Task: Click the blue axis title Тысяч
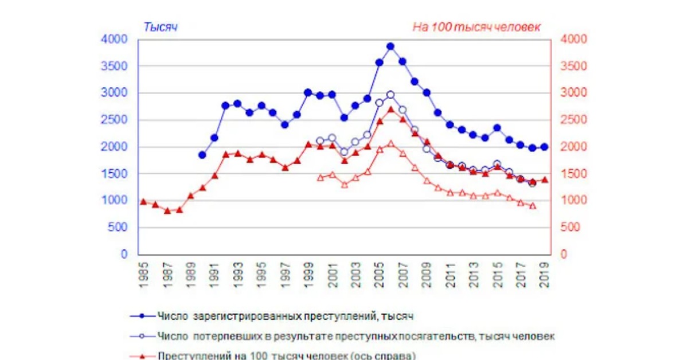pyautogui.click(x=160, y=27)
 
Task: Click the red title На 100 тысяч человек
pyautogui.click(x=476, y=27)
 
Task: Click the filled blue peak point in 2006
pyautogui.click(x=390, y=46)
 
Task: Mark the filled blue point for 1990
pyautogui.click(x=202, y=155)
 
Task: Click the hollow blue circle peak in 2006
pyautogui.click(x=390, y=95)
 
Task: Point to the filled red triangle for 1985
pyautogui.click(x=143, y=201)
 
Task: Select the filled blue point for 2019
pyautogui.click(x=544, y=147)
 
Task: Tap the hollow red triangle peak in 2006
pyautogui.click(x=390, y=143)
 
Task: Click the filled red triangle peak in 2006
pyautogui.click(x=390, y=109)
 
